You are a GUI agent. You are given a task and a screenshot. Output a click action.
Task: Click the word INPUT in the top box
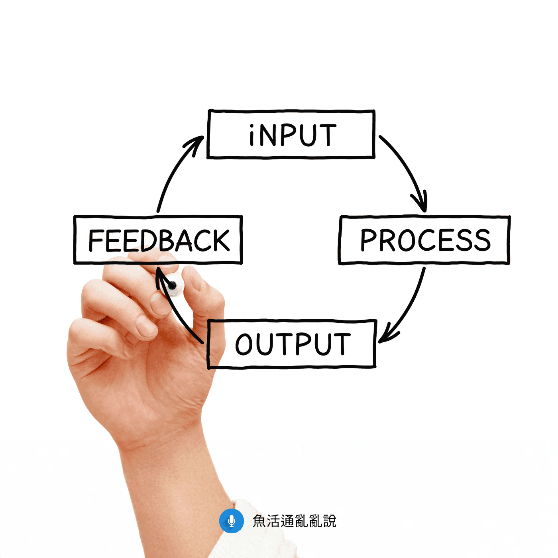click(x=293, y=135)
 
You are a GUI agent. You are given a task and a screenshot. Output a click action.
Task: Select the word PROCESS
click(x=425, y=240)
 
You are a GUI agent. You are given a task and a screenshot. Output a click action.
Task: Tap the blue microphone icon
click(x=232, y=521)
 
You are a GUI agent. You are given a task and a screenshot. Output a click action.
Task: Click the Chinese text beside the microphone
click(x=295, y=521)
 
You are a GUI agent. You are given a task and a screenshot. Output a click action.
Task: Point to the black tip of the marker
click(x=173, y=285)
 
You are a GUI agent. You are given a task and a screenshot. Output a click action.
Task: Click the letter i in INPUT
click(x=252, y=136)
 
